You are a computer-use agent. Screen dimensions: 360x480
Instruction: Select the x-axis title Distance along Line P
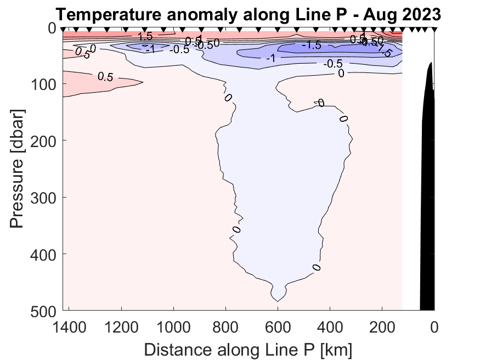(248, 349)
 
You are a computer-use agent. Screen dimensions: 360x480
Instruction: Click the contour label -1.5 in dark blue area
(311, 46)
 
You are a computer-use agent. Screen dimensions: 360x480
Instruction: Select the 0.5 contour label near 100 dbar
(105, 77)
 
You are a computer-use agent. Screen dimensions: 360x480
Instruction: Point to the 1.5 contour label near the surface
(145, 37)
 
